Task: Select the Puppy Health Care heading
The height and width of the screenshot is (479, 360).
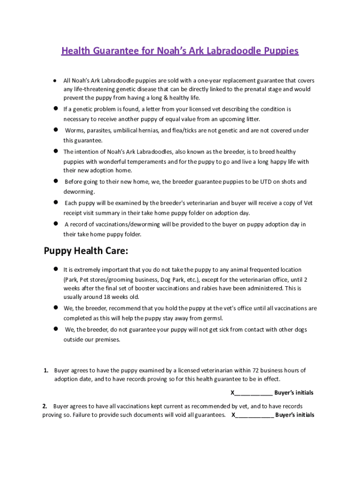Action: (x=86, y=251)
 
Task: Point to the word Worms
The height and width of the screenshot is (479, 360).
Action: (x=74, y=131)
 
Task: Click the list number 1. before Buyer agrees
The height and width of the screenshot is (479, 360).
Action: (x=46, y=370)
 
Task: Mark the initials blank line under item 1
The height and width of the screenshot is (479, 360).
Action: (x=253, y=393)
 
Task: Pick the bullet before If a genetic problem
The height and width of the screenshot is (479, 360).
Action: (x=55, y=109)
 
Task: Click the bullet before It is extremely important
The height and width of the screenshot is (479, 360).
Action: (x=55, y=269)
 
